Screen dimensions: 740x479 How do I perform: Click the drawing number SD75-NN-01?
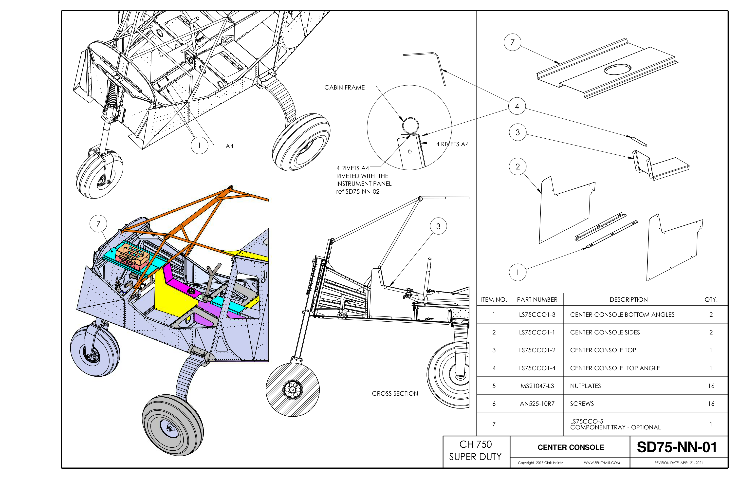(677, 447)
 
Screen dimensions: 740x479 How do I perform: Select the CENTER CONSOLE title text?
(571, 447)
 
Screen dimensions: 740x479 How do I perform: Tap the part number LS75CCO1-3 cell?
(537, 314)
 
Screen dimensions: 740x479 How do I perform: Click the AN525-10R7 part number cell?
(537, 404)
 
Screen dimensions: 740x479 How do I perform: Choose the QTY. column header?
(711, 300)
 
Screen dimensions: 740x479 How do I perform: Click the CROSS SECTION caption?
(395, 393)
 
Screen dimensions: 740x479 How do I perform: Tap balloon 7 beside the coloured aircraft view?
(98, 223)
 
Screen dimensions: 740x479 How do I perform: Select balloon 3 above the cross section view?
(438, 226)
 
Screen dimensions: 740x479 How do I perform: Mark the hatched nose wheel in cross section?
(293, 389)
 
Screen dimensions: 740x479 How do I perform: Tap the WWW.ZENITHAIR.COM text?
(602, 462)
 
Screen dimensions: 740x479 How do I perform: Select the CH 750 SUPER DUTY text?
(475, 450)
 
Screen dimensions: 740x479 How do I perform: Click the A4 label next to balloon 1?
(229, 146)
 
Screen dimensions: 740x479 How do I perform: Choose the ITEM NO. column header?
(494, 300)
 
